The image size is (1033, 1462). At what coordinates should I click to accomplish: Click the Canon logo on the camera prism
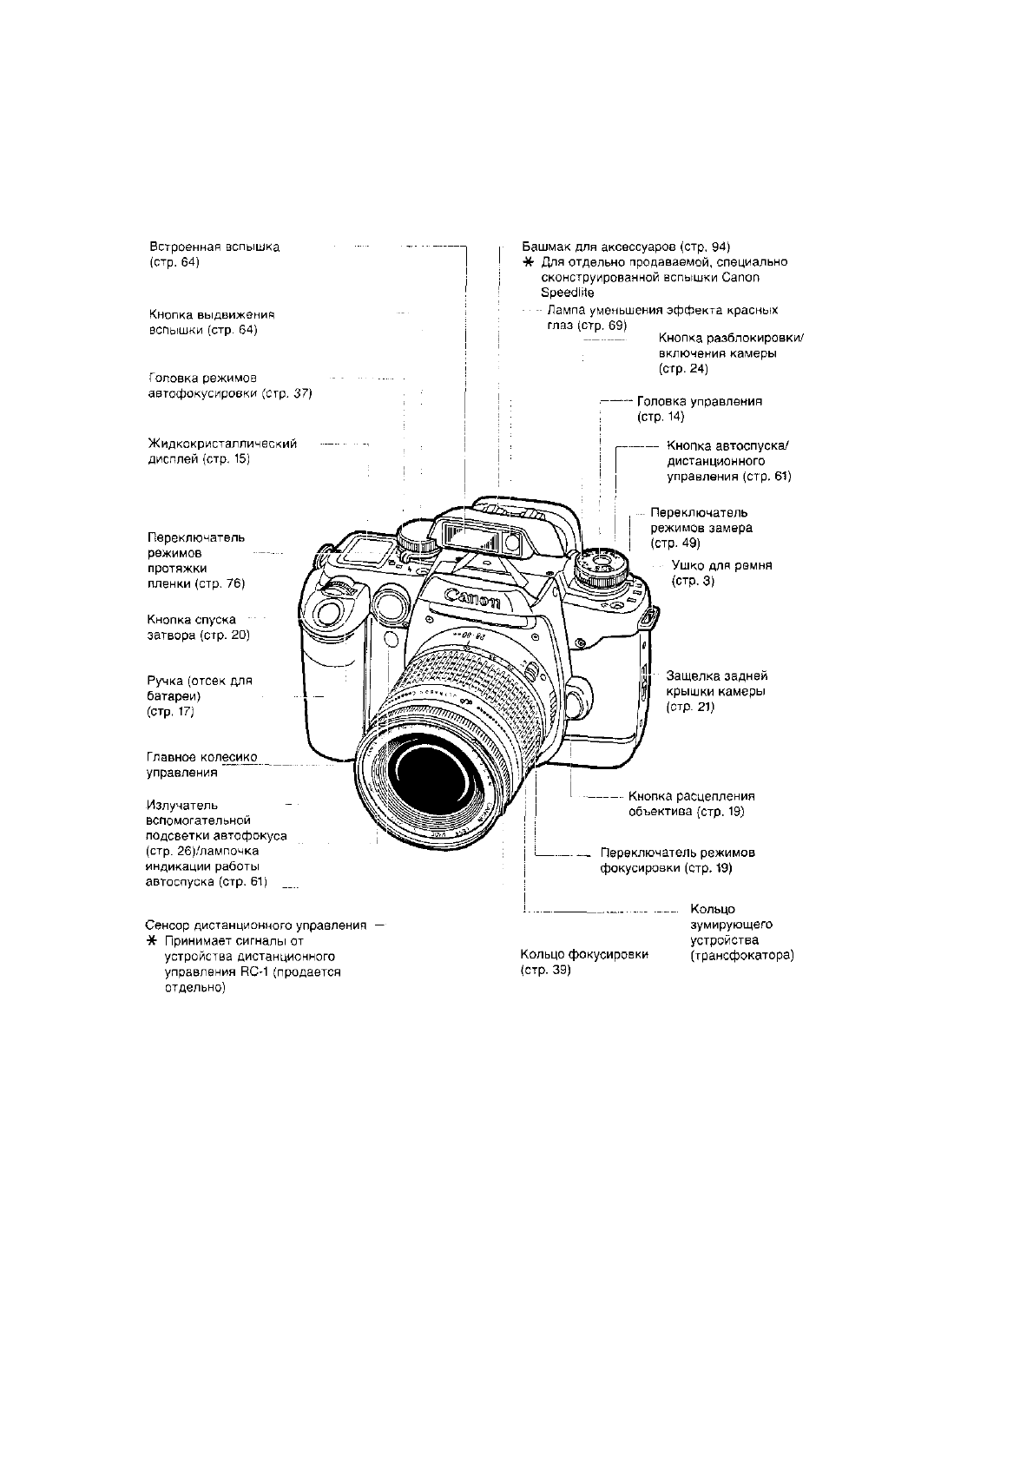pos(472,598)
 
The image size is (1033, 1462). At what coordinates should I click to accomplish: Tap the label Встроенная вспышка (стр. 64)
pos(214,254)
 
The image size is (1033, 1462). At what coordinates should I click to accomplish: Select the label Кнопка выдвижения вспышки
pos(212,322)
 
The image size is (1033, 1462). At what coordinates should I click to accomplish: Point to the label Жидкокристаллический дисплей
pos(223,451)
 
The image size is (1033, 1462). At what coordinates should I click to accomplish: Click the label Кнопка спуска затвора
pos(199,628)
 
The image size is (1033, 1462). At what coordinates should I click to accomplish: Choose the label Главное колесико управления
pos(202,765)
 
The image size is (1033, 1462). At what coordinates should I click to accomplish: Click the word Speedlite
pos(567,293)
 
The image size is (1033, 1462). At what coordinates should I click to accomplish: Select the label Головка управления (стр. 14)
pos(699,409)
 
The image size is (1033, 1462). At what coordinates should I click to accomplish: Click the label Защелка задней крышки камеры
pos(716,691)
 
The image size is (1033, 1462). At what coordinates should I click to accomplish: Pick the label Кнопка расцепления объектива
pos(691,804)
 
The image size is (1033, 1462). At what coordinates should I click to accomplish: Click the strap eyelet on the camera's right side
pos(647,619)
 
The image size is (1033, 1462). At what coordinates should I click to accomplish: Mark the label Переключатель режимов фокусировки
pos(677,859)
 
